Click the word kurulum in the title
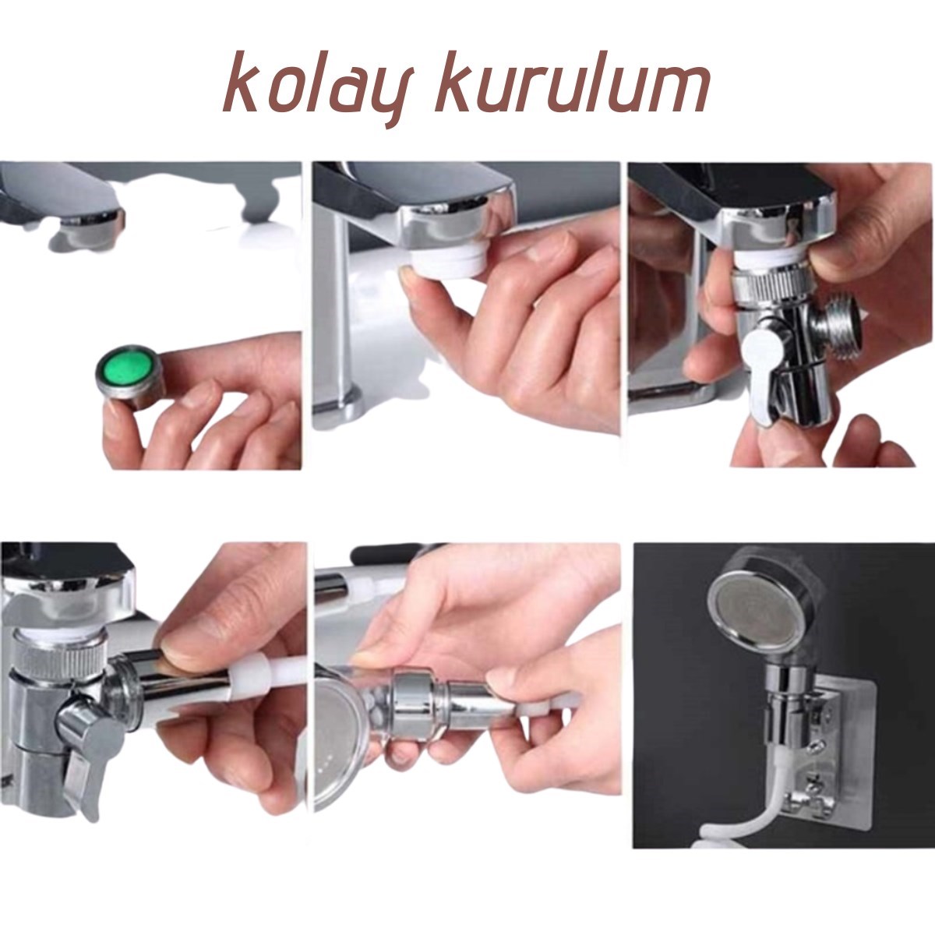pyautogui.click(x=573, y=83)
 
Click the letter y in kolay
pyautogui.click(x=384, y=97)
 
